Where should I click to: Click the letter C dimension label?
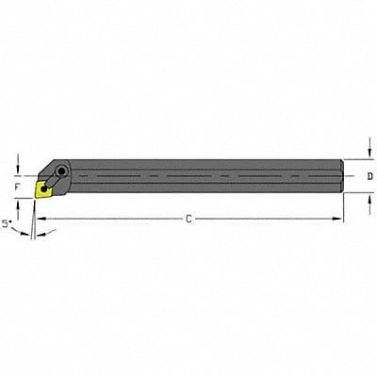[188, 219]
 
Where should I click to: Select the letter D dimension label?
[369, 176]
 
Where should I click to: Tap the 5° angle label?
[8, 224]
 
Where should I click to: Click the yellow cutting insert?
[42, 189]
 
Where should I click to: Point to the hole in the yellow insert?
[42, 188]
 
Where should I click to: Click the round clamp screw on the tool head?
[60, 172]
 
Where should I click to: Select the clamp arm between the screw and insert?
[52, 180]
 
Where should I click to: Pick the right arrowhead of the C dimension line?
[340, 219]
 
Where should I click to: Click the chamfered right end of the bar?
[338, 176]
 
